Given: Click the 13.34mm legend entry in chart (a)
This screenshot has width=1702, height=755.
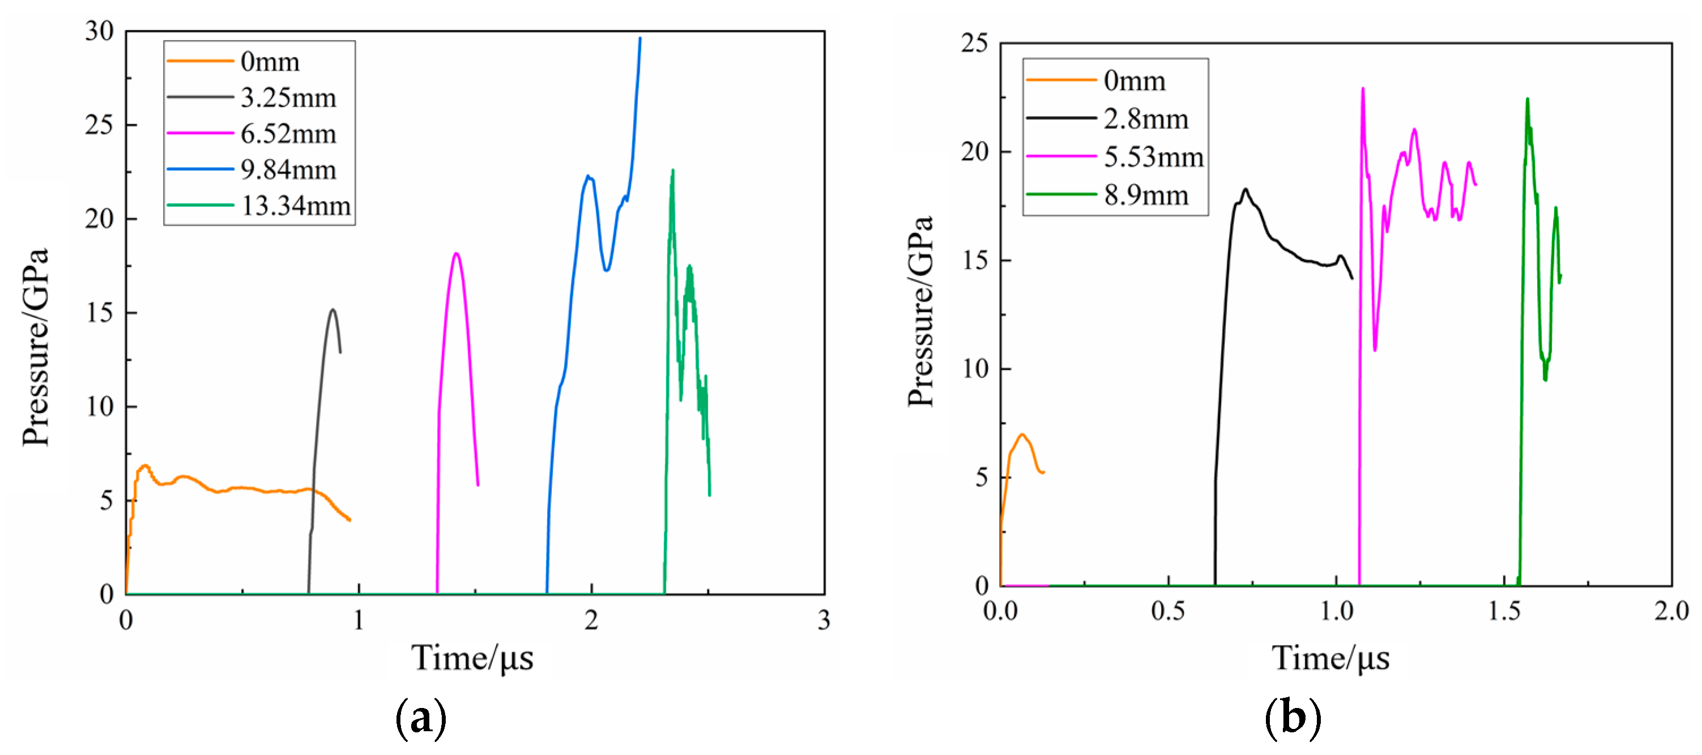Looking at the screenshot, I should point(295,206).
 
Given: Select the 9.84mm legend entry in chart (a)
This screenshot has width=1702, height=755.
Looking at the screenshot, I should point(288,170).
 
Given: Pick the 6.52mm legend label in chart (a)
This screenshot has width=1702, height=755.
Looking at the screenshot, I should point(288,134).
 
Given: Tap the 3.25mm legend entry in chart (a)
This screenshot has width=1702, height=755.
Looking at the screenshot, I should point(288,98).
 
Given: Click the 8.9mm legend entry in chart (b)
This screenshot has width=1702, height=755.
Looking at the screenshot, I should point(1146,195).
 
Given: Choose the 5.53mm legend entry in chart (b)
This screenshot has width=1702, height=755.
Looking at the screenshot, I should point(1154,157).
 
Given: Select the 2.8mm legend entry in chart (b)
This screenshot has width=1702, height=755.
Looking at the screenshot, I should point(1146,119).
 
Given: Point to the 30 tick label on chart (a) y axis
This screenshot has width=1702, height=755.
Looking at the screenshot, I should point(99,31).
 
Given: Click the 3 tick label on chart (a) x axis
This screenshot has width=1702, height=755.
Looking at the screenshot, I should point(824,620).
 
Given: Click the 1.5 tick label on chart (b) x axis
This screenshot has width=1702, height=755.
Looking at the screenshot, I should point(1504,611).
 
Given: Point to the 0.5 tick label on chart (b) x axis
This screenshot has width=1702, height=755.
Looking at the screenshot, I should point(1167,611).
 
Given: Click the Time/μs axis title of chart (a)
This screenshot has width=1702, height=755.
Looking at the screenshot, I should point(472,658).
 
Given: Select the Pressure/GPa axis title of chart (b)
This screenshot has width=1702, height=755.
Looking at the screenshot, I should point(920,310).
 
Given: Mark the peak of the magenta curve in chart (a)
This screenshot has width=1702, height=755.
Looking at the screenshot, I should point(456,253).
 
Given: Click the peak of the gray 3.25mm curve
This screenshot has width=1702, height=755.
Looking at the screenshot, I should point(333,309).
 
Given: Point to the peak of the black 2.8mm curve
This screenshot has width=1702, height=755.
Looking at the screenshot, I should point(1245,190).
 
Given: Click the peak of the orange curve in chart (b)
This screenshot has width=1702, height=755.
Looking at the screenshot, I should point(1022,434).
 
